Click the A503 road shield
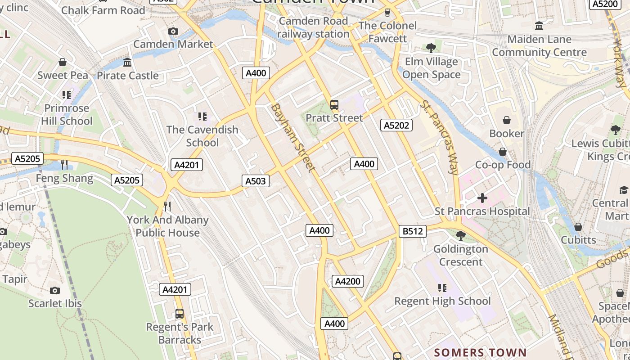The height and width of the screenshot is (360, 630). coord(256,181)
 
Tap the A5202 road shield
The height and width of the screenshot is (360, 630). coord(396,125)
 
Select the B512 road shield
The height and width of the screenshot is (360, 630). coord(412,231)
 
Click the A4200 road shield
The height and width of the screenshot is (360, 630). coord(348,281)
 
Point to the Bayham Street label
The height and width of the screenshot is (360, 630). coord(292,137)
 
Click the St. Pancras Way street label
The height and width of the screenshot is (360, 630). coord(439,137)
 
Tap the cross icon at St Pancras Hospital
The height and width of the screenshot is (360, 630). coord(482,198)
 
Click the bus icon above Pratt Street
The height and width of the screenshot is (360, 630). coord(334,105)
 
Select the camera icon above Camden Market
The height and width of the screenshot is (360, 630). coord(173,31)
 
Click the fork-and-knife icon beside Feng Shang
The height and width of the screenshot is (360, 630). coord(64,164)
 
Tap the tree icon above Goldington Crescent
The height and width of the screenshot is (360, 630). coord(460,235)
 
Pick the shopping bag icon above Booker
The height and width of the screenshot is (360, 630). coord(507,120)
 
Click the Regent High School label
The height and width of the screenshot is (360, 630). coord(442,301)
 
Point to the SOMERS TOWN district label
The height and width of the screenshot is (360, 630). coord(480,352)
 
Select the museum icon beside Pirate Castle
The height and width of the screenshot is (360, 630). coord(127,62)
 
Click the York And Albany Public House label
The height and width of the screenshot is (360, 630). coord(167,226)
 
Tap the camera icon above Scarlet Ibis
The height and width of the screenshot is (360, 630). coord(55,290)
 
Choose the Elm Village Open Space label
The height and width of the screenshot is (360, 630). coord(431,68)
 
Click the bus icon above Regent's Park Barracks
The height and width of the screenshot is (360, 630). coord(180,313)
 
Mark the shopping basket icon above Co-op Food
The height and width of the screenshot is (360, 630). coord(502,152)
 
